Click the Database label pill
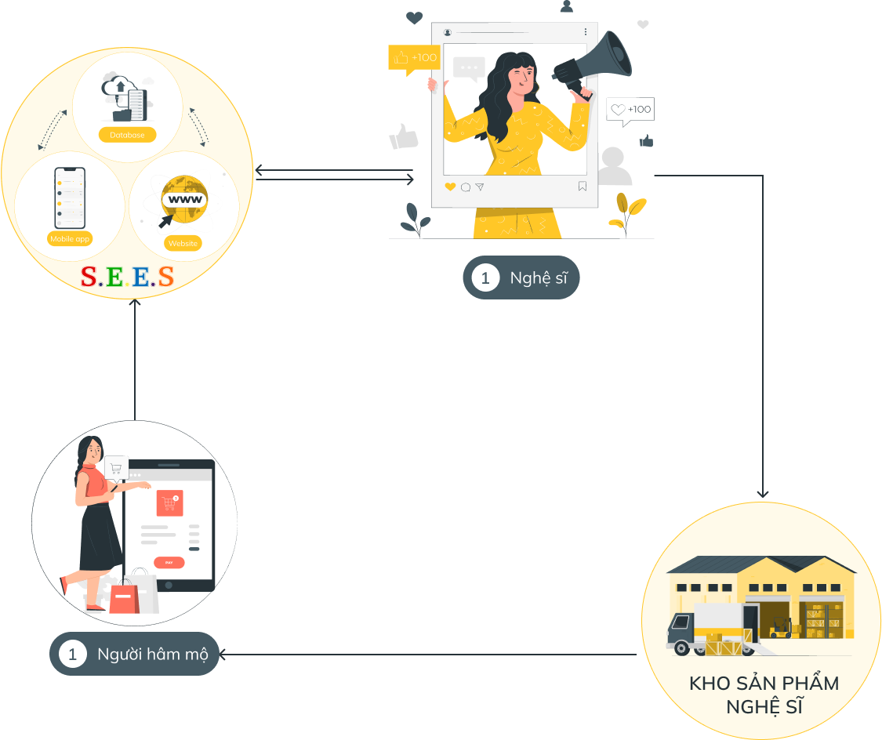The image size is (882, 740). [127, 135]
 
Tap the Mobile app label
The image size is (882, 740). [70, 238]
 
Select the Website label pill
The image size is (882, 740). [183, 244]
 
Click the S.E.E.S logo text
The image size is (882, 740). [127, 277]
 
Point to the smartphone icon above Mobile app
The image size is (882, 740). [69, 198]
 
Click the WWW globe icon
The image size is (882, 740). [183, 201]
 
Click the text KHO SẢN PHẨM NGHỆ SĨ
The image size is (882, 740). [764, 694]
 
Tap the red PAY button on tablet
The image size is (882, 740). [169, 562]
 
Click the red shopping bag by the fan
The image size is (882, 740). [124, 600]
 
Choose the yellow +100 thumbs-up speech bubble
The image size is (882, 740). [413, 58]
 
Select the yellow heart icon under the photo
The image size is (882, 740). [450, 187]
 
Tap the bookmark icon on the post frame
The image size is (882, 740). [583, 187]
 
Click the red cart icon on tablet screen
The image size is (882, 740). [169, 502]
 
